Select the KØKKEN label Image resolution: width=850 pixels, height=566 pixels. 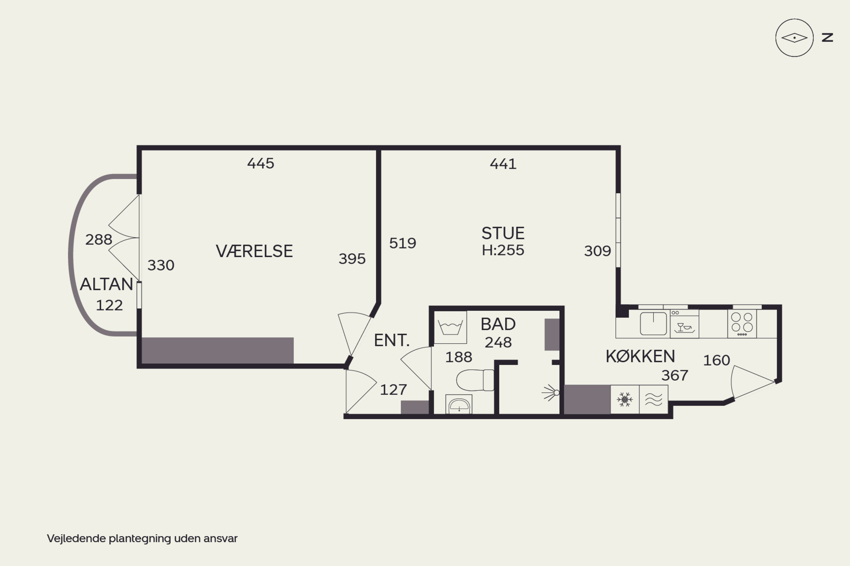point(640,356)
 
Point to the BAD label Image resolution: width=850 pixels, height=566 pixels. point(498,324)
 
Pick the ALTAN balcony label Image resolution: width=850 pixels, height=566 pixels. point(107,284)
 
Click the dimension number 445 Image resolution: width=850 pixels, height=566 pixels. point(261,164)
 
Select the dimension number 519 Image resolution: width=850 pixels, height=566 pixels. point(403,243)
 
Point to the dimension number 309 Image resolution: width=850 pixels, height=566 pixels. point(597,251)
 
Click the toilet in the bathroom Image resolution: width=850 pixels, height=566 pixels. point(475,380)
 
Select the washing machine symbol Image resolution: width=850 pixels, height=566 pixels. point(450,327)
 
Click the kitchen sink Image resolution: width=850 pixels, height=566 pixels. point(653,323)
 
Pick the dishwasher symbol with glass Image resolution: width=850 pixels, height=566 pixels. point(685,324)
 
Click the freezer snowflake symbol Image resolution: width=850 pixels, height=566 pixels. point(625,400)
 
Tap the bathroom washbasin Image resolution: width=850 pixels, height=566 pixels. point(459,404)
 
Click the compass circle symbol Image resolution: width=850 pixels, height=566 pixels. point(794,38)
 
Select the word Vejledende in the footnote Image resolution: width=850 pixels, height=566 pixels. point(76,539)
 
